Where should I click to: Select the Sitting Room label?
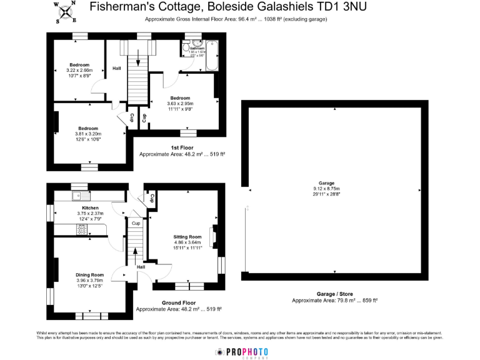187,237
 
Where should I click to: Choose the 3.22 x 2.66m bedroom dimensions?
80,71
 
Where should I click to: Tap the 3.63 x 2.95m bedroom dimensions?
181,104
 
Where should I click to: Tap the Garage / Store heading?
335,294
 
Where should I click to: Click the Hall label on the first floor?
116,68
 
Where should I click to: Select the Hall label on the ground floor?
141,267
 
